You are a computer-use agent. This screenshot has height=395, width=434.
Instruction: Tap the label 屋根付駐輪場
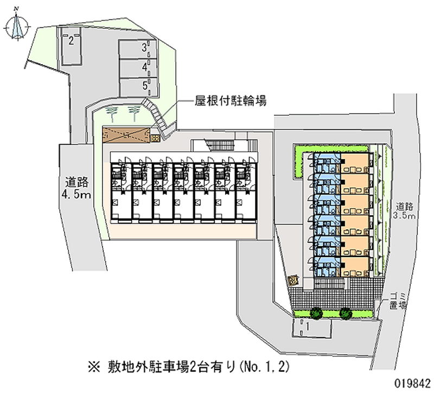point(230,101)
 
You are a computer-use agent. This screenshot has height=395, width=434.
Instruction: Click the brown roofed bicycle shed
point(126,134)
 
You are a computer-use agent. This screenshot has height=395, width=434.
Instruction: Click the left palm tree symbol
point(112,113)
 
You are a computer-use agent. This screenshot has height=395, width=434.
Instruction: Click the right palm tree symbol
point(133,113)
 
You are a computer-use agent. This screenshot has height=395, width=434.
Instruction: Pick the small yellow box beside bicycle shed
point(155,139)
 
